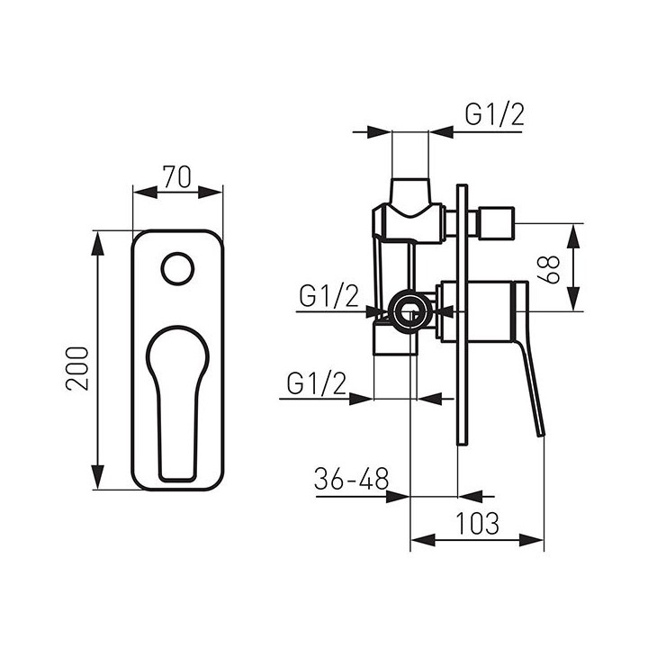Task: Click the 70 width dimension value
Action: (177, 177)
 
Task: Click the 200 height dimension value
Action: (77, 369)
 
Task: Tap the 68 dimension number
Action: (550, 269)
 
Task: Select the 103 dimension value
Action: (477, 523)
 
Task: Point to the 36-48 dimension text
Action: (351, 479)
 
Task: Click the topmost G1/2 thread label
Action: (495, 114)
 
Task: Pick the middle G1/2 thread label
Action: (329, 296)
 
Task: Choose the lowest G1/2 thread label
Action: (317, 383)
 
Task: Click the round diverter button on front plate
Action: (177, 268)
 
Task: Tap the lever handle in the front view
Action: (177, 404)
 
